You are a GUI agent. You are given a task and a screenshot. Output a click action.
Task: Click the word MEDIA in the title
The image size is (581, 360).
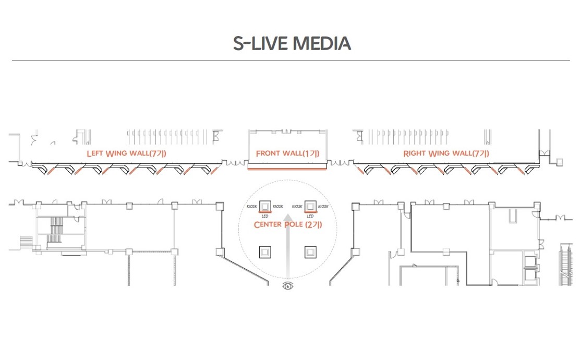point(322,43)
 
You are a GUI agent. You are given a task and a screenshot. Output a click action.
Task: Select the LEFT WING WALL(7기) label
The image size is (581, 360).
point(126,153)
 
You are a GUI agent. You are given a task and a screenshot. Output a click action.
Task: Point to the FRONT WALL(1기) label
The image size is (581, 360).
point(287,153)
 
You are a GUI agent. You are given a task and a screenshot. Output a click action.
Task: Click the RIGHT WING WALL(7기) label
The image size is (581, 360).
point(446,153)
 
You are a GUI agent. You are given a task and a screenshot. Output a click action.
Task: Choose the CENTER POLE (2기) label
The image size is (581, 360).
point(288,224)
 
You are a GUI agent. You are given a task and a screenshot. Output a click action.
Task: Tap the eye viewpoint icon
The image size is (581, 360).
point(288,286)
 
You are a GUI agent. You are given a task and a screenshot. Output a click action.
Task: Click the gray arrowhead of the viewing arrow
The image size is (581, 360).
point(288,217)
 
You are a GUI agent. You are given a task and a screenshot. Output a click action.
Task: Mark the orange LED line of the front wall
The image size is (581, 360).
point(287,169)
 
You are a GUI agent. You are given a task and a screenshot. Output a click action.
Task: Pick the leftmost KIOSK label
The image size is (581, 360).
point(252,207)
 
